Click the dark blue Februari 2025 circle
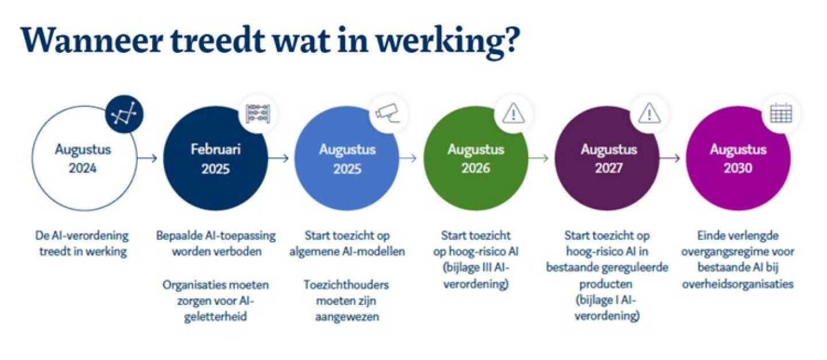215,158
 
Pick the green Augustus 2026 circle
476,158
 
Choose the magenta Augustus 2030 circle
739,158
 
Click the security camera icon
388,113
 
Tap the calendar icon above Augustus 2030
781,113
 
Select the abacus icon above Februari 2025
258,114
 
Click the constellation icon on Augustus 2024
124,114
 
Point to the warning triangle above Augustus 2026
513,113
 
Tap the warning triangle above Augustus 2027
650,113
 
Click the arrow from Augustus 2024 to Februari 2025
147,158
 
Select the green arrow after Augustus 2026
539,158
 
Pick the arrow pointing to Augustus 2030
670,158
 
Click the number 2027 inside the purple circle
609,168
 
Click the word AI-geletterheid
215,309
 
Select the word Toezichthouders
346,285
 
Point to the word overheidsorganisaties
738,284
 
